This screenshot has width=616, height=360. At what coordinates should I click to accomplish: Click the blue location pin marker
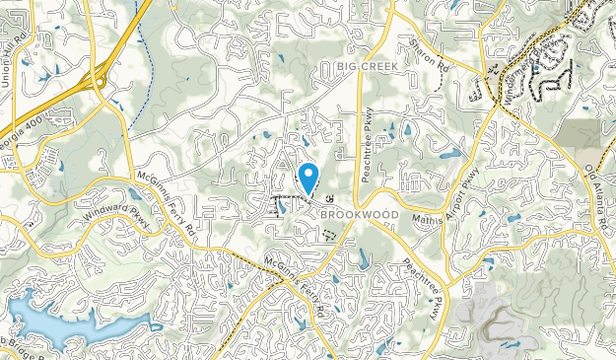pyautogui.click(x=308, y=179)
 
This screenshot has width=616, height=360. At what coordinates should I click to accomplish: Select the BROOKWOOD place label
pyautogui.click(x=358, y=214)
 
